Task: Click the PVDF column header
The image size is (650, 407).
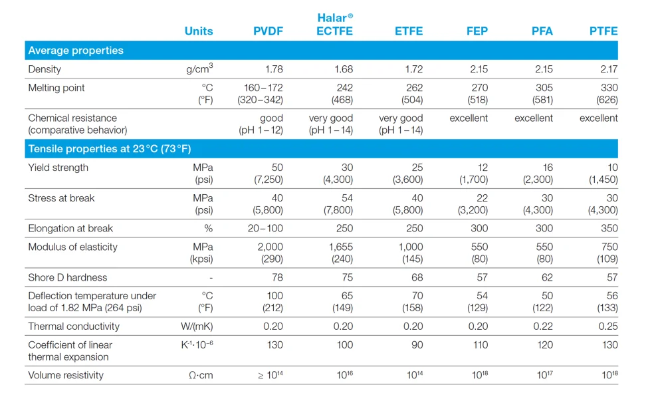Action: pyautogui.click(x=268, y=31)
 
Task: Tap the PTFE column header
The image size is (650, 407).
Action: pyautogui.click(x=603, y=31)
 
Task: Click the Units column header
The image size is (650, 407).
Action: pyautogui.click(x=199, y=31)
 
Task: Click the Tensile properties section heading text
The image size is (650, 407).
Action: pyautogui.click(x=109, y=149)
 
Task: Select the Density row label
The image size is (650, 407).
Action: pyautogui.click(x=45, y=69)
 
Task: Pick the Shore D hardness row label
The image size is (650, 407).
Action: pyautogui.click(x=67, y=277)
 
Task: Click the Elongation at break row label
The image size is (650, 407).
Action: pyautogui.click(x=70, y=228)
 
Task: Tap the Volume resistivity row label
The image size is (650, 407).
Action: pyautogui.click(x=66, y=375)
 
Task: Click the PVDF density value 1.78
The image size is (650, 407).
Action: pyautogui.click(x=273, y=69)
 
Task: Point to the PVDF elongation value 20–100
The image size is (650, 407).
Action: pyautogui.click(x=265, y=228)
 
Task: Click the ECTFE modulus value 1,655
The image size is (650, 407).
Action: pyautogui.click(x=339, y=247)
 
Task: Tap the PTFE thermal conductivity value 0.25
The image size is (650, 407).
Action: pyautogui.click(x=607, y=326)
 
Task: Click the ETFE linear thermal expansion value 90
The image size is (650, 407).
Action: pyautogui.click(x=416, y=344)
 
